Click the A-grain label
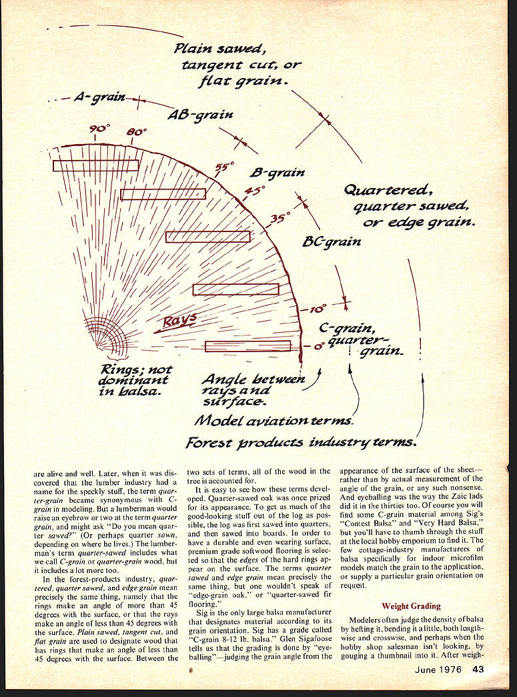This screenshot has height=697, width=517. [x=99, y=98]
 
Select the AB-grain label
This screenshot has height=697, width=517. [x=200, y=115]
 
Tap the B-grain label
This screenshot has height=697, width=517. [x=277, y=173]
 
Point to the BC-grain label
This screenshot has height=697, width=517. [x=332, y=241]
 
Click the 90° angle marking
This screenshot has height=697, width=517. [x=99, y=128]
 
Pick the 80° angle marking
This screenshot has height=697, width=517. [x=136, y=133]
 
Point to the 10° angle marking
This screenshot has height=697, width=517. [x=318, y=309]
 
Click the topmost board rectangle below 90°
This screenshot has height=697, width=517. [x=95, y=165]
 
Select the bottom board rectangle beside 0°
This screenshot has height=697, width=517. [x=247, y=346]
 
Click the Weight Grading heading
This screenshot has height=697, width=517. [x=411, y=606]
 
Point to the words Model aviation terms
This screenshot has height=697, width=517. [x=274, y=421]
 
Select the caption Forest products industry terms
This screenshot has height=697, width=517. [x=302, y=442]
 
